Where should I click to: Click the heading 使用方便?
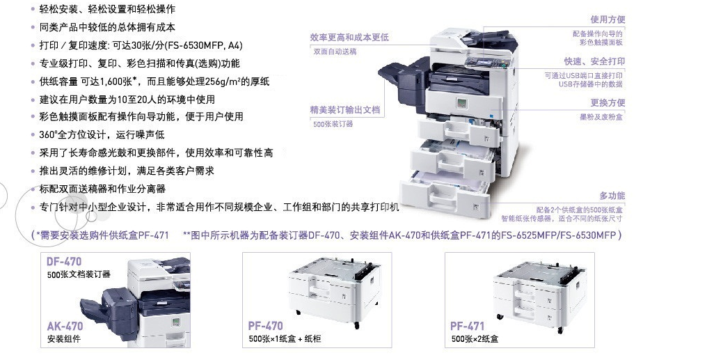607,19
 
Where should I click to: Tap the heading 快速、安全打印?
594,61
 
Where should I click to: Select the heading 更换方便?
607,103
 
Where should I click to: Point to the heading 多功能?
612,196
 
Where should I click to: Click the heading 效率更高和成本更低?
349,38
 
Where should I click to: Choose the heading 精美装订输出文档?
345,109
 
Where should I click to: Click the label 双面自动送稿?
335,52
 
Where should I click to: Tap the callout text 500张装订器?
333,124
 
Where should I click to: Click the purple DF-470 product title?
64,262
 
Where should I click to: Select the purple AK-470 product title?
65,326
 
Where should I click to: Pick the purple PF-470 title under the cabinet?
266,326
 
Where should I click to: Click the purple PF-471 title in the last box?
467,326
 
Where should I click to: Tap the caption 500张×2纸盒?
475,339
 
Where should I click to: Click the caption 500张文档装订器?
79,274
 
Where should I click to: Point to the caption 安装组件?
63,339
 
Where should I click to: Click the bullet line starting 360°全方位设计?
102,135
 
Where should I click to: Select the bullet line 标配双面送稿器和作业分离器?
102,189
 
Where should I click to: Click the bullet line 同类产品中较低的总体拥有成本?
107,27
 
